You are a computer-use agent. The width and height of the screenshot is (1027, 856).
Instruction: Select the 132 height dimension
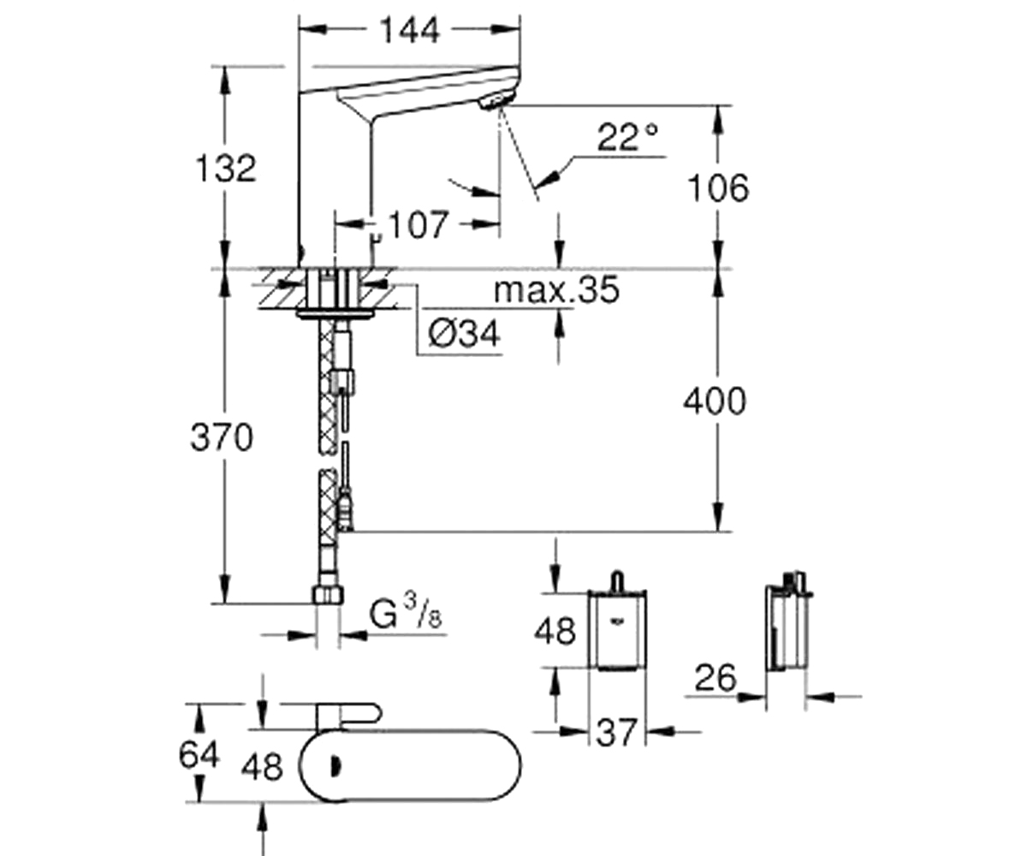pyautogui.click(x=226, y=168)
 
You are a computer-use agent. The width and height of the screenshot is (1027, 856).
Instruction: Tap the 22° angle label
pyautogui.click(x=628, y=137)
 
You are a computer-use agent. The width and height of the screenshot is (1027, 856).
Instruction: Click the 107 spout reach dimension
pyautogui.click(x=418, y=225)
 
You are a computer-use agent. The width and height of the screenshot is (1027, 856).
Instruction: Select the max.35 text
pyautogui.click(x=556, y=290)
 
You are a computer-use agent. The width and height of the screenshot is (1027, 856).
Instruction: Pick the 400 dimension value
pyautogui.click(x=715, y=401)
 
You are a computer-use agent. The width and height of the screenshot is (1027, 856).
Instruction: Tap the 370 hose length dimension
pyautogui.click(x=222, y=438)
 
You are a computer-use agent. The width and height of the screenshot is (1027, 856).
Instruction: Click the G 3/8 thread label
pyautogui.click(x=406, y=615)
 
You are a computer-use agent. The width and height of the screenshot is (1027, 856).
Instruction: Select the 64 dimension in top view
pyautogui.click(x=199, y=754)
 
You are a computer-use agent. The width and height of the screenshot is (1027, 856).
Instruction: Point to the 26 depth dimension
pyautogui.click(x=715, y=678)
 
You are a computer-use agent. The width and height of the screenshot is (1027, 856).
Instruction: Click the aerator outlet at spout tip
pyautogui.click(x=493, y=103)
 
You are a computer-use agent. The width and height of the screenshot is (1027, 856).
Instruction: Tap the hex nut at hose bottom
pyautogui.click(x=328, y=595)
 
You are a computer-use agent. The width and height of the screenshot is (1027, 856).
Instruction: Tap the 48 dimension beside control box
pyautogui.click(x=554, y=632)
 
